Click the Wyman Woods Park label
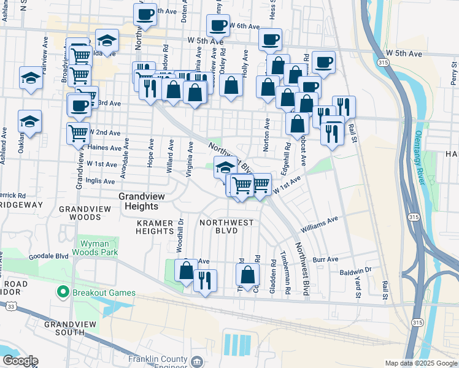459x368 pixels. click(x=96, y=247)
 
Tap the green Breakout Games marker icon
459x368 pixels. click(x=61, y=292)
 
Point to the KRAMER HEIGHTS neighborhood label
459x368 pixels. click(x=155, y=226)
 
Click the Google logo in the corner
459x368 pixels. click(x=20, y=361)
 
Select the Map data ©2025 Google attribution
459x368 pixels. click(x=420, y=363)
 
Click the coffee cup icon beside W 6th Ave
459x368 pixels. click(x=217, y=25)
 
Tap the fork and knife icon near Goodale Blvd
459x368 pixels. click(x=205, y=280)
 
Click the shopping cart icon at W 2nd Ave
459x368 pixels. click(x=78, y=132)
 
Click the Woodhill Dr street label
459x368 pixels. click(x=180, y=235)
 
